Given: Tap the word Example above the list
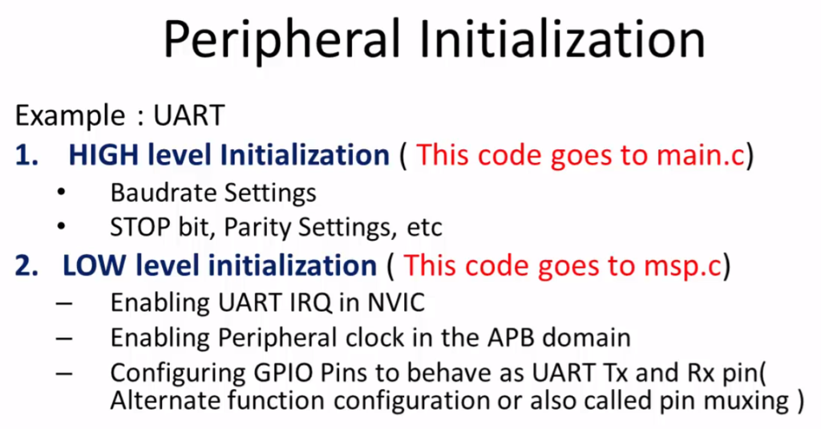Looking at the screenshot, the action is click(71, 115).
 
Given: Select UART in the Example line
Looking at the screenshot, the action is click(189, 115).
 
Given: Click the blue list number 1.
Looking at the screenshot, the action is click(26, 156).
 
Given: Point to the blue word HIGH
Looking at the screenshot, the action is click(103, 156).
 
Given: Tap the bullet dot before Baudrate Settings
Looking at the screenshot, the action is click(61, 192).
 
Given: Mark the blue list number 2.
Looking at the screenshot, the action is click(26, 265).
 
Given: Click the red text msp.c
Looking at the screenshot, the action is click(683, 265).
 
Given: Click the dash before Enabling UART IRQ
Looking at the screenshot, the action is click(64, 305).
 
